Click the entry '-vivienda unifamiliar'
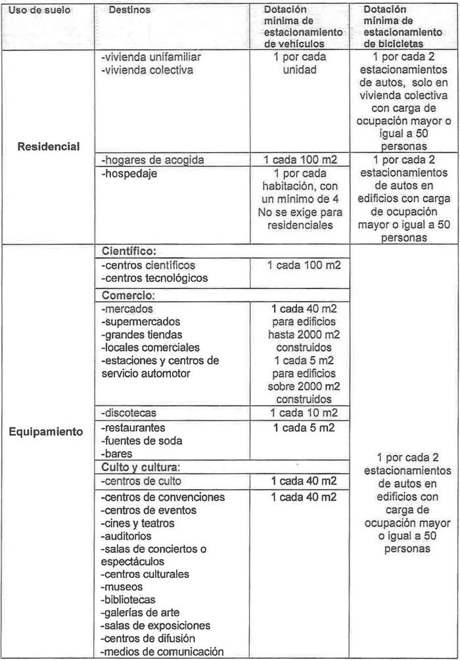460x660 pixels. coord(151,57)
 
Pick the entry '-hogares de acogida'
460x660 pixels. coord(149,160)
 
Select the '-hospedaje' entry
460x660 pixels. coord(127,174)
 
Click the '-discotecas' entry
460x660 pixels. coord(129,413)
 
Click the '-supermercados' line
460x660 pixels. coord(140,321)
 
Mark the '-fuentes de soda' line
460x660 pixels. coord(141,440)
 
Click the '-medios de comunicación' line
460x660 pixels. coord(162,651)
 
